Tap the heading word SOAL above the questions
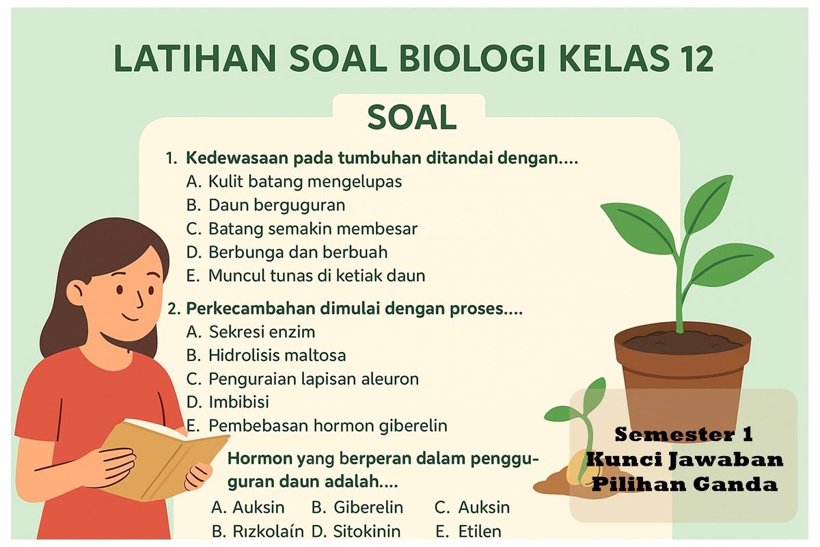(411, 118)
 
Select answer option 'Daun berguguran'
(276, 205)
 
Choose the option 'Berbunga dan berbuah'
(297, 252)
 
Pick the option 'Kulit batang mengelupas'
(305, 182)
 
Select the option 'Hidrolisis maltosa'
(277, 356)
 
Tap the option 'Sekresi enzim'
(262, 332)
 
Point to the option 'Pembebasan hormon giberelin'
(327, 426)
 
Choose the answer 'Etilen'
(480, 531)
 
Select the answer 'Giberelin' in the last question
(368, 508)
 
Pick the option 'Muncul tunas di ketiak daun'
(316, 276)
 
